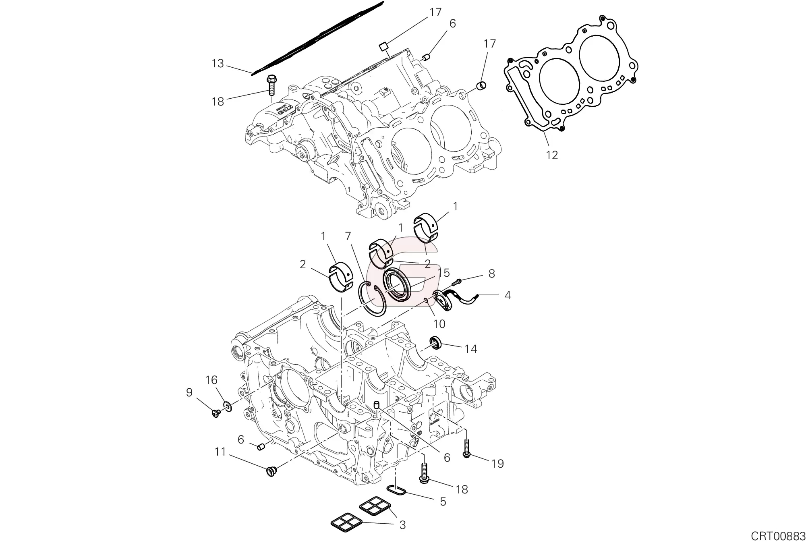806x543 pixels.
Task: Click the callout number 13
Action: coord(218,64)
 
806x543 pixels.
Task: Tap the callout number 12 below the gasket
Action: coord(551,155)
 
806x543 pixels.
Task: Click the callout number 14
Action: coord(470,349)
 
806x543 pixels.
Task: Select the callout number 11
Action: coord(220,452)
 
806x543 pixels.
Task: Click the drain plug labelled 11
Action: coord(271,471)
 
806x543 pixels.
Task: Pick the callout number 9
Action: coord(189,392)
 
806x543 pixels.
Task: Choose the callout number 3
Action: coord(402,525)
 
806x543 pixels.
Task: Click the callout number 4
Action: coord(508,295)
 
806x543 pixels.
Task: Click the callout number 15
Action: coord(443,273)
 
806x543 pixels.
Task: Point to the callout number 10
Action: coord(439,323)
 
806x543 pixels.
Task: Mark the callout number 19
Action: coord(498,464)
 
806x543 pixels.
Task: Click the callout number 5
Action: coord(443,502)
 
